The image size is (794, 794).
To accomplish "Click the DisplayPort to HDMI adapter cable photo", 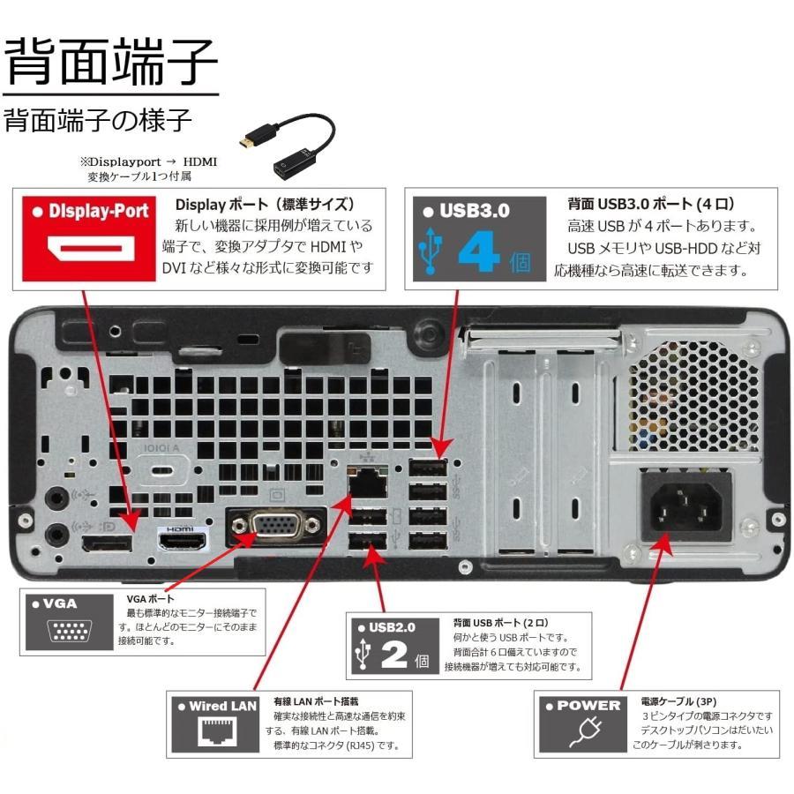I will (289, 142).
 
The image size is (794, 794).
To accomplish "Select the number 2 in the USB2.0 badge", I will (392, 657).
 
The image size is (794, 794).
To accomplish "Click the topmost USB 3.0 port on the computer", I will (427, 468).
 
